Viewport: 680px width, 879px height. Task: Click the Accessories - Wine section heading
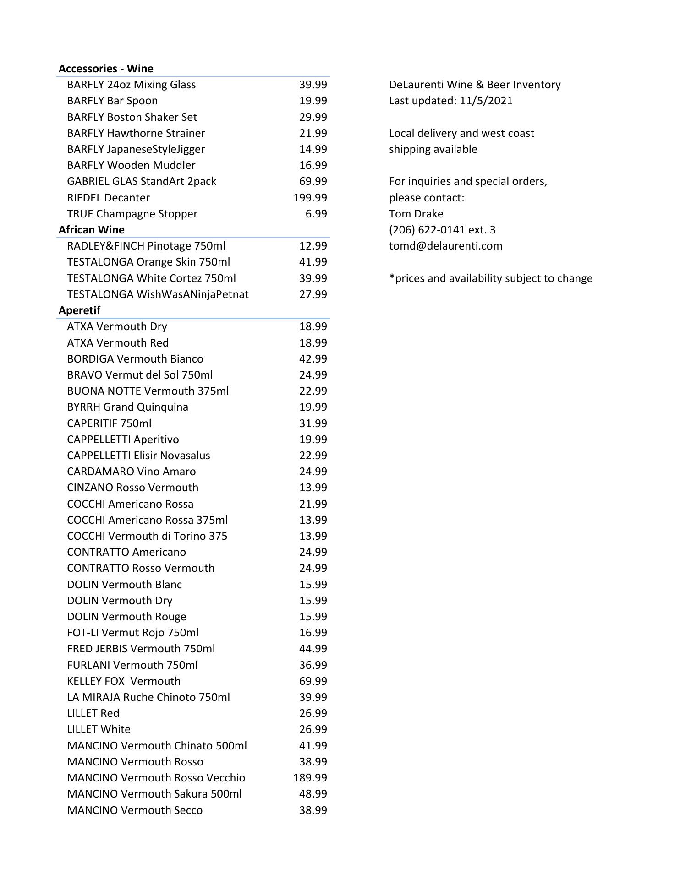point(106,69)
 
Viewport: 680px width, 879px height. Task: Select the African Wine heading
point(91,230)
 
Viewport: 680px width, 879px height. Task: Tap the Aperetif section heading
point(79,310)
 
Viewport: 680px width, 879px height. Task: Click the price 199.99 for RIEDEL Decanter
point(310,198)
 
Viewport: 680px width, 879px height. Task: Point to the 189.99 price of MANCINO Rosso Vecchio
point(310,778)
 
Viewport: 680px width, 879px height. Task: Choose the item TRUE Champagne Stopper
point(132,214)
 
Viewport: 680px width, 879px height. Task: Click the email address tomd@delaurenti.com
point(445,246)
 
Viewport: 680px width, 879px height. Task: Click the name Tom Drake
point(416,214)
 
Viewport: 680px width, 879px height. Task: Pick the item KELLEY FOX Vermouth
point(124,681)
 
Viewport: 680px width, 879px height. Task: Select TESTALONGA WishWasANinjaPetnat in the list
point(158,294)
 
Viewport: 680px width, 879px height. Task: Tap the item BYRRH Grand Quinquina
point(127,407)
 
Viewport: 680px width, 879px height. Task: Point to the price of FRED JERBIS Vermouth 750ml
point(313,649)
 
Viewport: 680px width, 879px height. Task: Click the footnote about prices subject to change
point(490,278)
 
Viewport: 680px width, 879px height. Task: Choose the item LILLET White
point(99,729)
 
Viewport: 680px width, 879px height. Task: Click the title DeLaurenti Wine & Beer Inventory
point(475,85)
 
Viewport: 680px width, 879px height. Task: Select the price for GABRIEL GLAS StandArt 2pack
point(313,181)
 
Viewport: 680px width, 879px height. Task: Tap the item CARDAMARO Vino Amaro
point(131,472)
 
